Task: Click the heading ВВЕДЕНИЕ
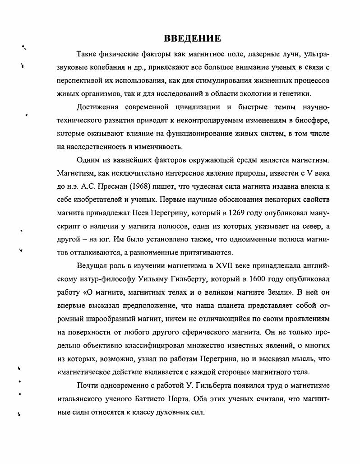(x=192, y=38)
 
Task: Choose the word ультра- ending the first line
(x=317, y=55)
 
